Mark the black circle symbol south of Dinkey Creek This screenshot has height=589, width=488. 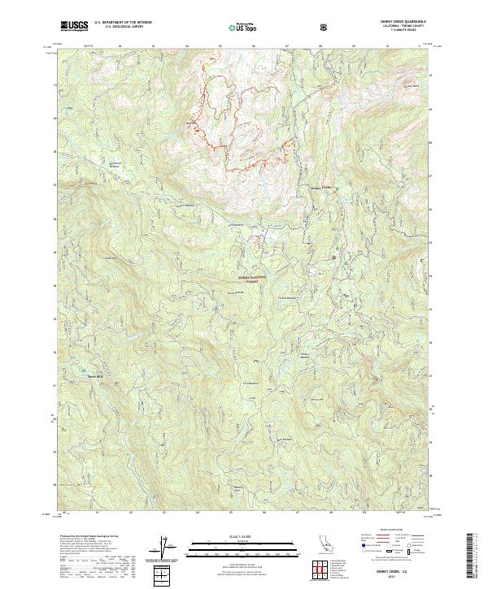coord(334,257)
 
